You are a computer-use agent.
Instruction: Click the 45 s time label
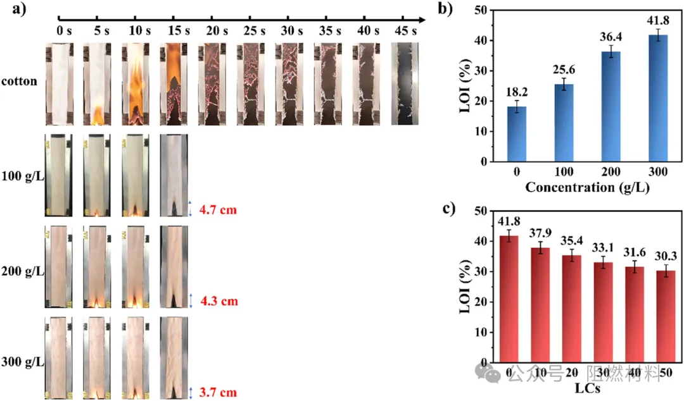[x=405, y=29]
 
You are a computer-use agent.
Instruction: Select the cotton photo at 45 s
[x=405, y=83]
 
